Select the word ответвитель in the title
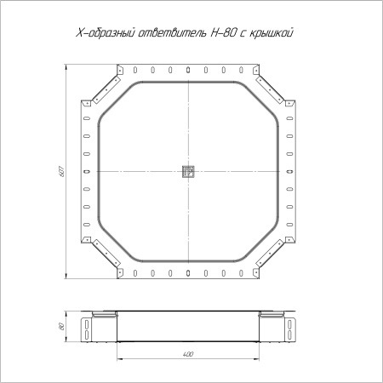click(x=173, y=33)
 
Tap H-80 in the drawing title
click(x=223, y=33)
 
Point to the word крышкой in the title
click(x=272, y=33)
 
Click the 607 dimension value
click(x=62, y=171)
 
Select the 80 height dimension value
click(x=62, y=326)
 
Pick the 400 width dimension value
click(x=188, y=354)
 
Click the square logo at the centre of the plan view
click(x=188, y=172)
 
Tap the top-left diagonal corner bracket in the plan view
click(x=106, y=89)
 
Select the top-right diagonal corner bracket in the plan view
click(x=270, y=89)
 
